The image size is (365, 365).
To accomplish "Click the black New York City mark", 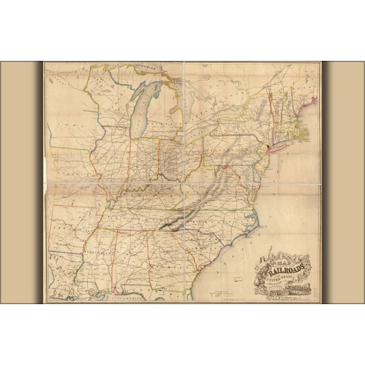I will point(269,148).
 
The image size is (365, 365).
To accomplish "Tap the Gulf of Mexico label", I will point(120,295).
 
